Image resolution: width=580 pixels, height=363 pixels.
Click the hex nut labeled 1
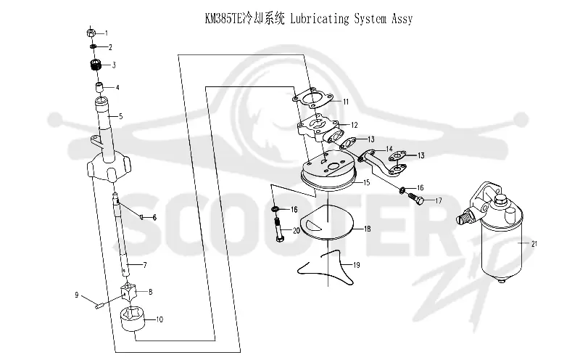(91, 32)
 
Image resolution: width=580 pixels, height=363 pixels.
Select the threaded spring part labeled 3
(96, 65)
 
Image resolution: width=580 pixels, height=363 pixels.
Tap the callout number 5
(120, 116)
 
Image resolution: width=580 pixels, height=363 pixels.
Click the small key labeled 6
(141, 216)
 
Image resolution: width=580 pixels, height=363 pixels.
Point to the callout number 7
(145, 265)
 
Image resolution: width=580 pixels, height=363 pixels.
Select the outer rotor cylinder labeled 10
(133, 319)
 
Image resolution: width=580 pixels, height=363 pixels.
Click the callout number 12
(355, 125)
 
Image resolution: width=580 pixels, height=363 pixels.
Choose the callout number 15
(367, 182)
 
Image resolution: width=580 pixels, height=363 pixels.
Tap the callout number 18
(368, 229)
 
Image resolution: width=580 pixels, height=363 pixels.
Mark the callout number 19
(357, 265)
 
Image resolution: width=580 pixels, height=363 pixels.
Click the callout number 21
(534, 244)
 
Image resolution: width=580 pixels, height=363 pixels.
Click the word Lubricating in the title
(320, 19)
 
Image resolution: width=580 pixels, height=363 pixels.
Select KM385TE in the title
(223, 19)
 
